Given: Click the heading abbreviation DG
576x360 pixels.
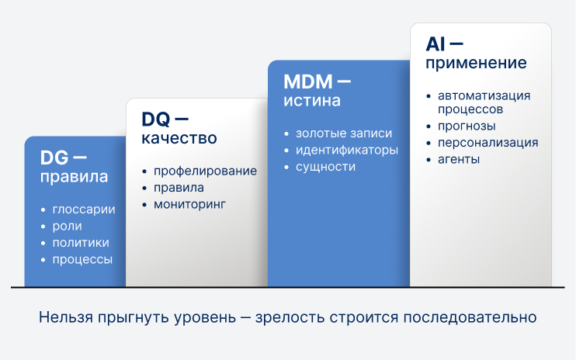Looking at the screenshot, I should [55, 157].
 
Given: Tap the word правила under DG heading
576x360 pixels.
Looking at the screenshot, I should [74, 177].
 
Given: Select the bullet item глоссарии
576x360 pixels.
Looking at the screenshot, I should [84, 209].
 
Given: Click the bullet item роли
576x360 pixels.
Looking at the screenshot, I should [68, 227].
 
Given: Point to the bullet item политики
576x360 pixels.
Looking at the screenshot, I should [81, 243].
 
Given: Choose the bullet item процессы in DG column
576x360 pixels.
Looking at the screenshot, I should [82, 260].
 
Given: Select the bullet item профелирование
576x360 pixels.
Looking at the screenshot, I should [205, 171].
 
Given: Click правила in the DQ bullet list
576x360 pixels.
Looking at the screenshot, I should [179, 188].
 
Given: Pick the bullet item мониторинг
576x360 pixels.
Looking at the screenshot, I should [190, 205].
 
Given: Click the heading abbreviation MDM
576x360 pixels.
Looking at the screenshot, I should [307, 81].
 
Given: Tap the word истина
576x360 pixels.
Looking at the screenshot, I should [311, 101].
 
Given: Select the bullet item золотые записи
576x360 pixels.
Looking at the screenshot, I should [338, 133].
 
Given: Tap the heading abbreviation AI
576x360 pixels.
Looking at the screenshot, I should [435, 44].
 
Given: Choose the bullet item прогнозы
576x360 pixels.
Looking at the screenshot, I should [467, 126].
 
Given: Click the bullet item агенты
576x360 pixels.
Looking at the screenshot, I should [459, 160].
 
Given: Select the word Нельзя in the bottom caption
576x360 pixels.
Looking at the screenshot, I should [64, 318].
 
